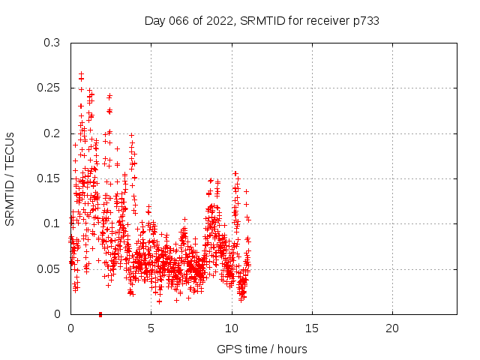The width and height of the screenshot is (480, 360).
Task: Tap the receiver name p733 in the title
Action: (x=364, y=21)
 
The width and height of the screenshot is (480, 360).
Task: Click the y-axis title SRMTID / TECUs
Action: (x=10, y=179)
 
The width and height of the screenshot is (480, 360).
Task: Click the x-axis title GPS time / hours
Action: (x=262, y=349)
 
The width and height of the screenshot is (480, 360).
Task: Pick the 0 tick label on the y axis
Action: (x=57, y=313)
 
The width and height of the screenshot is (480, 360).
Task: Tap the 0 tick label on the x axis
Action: (x=70, y=328)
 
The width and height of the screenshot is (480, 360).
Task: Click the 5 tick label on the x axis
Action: (x=151, y=328)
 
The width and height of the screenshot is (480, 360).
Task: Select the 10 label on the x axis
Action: (x=231, y=328)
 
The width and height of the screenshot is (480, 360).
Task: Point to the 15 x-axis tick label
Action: (x=311, y=328)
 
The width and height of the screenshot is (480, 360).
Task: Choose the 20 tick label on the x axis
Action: (x=391, y=328)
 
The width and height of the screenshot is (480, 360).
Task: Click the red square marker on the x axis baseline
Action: (x=100, y=314)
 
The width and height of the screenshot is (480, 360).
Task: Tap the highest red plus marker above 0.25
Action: (x=81, y=73)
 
